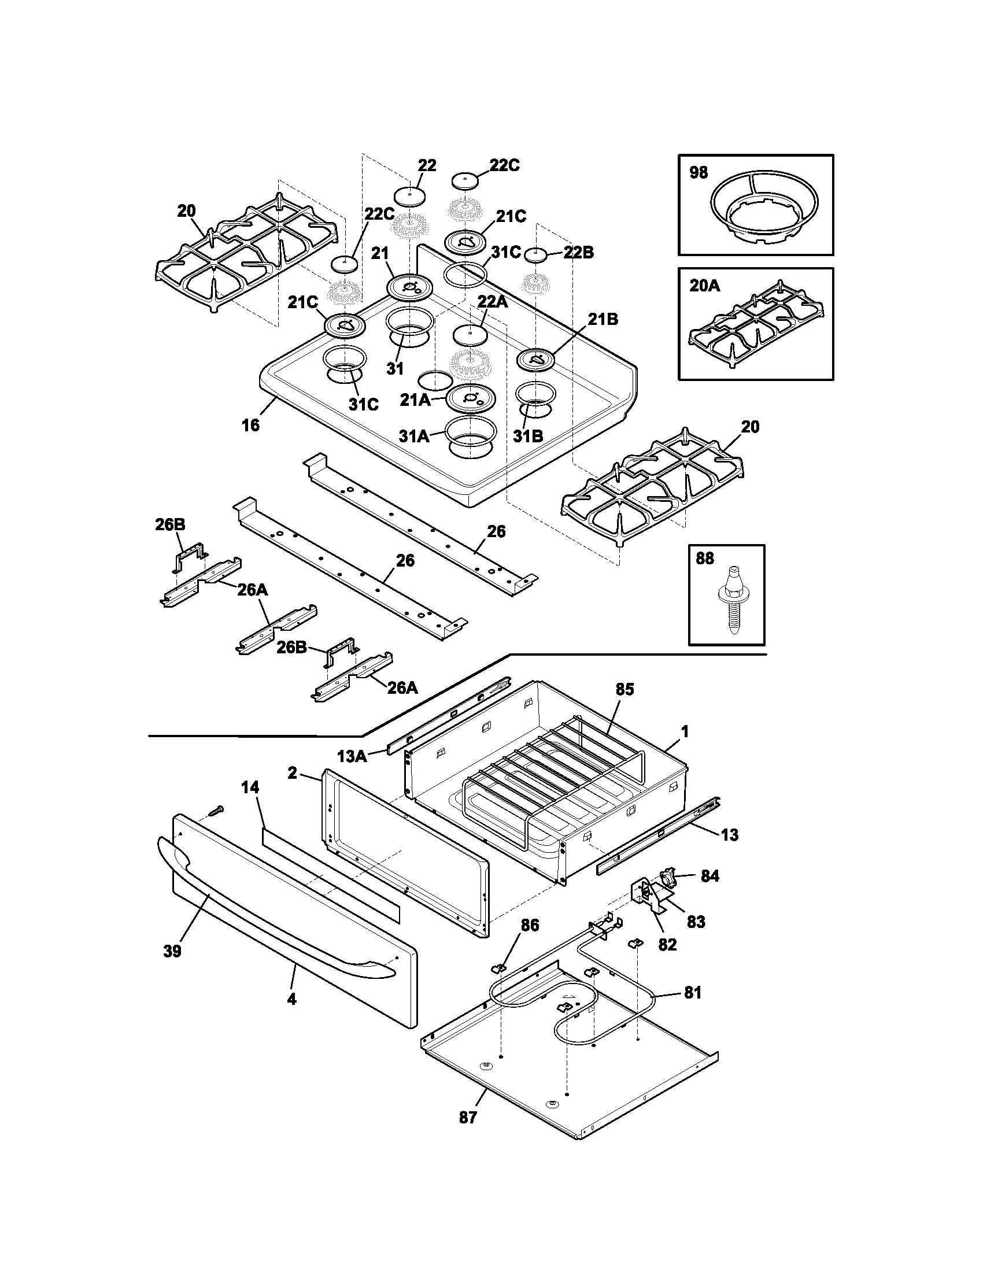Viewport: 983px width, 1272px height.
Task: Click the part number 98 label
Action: [x=699, y=172]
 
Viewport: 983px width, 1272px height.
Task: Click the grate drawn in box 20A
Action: [x=756, y=324]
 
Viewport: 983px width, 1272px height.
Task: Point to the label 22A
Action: [x=493, y=301]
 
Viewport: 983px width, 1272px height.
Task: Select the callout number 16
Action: [x=250, y=425]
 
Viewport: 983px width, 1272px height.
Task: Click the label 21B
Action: [x=603, y=319]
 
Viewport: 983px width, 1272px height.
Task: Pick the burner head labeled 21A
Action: [x=471, y=398]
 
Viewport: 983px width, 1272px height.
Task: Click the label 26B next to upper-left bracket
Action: [x=170, y=524]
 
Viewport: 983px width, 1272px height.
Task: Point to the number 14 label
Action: [x=250, y=787]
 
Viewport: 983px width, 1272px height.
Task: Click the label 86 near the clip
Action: [x=529, y=925]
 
